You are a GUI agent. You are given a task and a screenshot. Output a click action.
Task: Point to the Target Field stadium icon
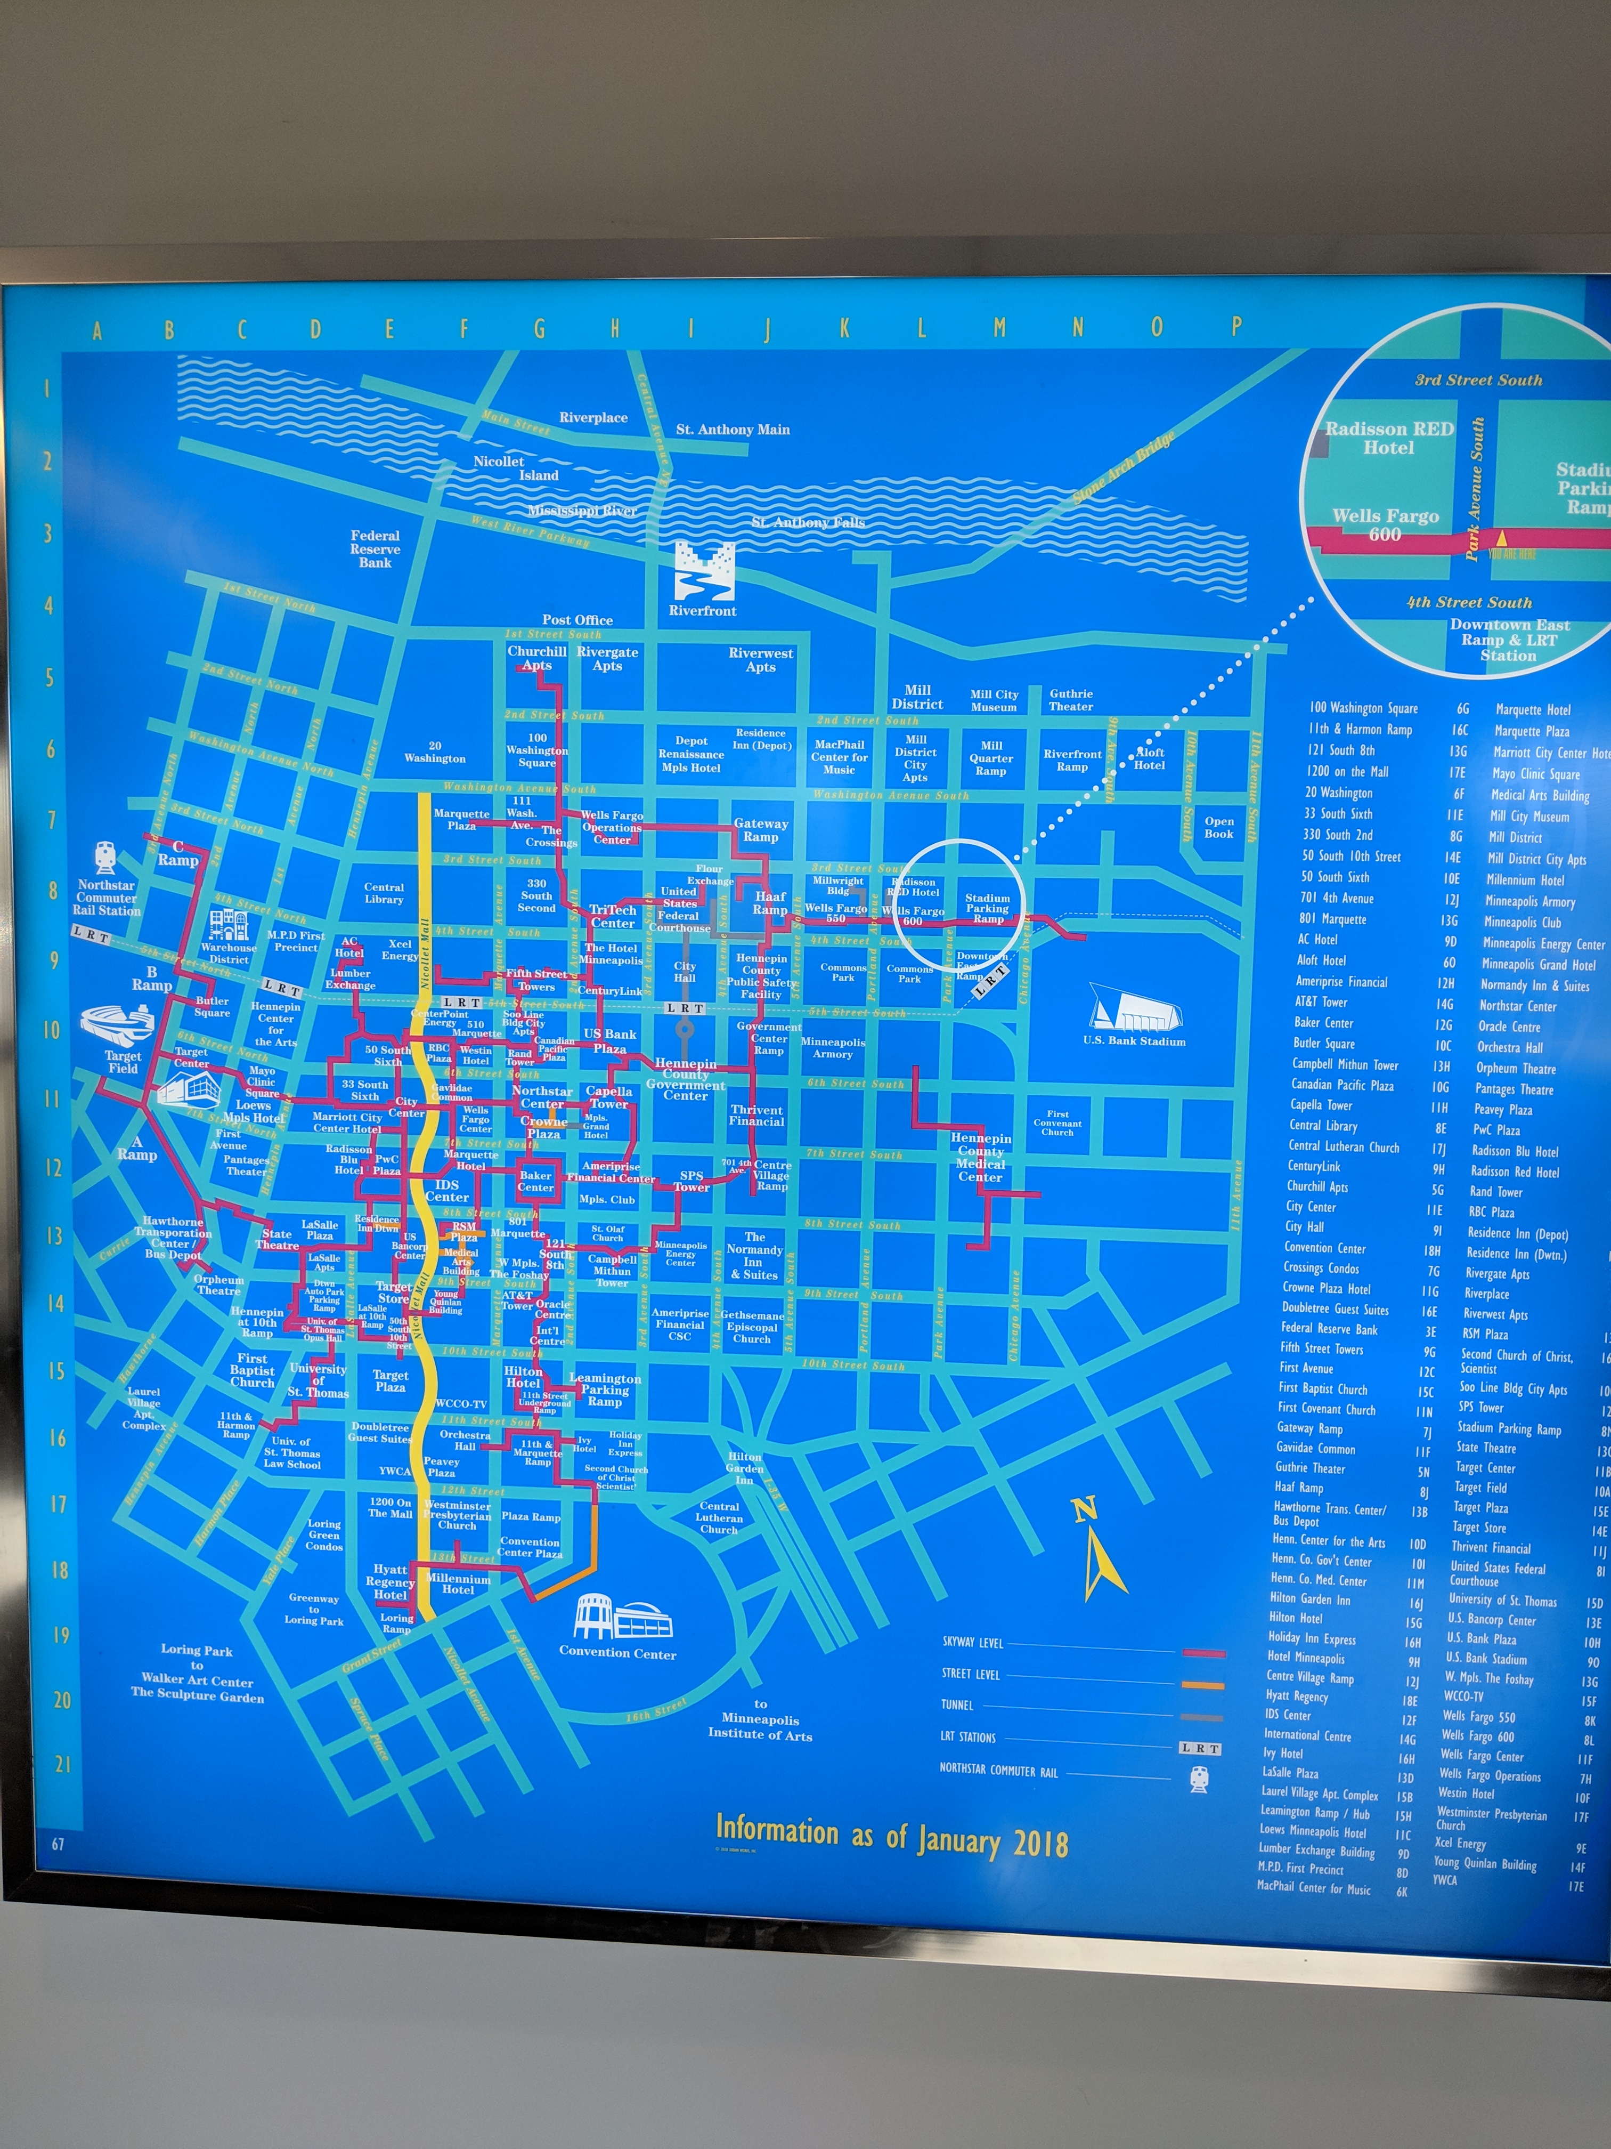118,1025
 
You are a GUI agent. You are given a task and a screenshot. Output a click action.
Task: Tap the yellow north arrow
1103,1554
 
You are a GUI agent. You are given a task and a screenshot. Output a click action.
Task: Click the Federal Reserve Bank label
375,549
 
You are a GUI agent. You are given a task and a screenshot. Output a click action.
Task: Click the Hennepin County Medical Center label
981,1157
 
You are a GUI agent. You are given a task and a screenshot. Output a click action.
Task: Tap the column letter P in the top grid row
1235,326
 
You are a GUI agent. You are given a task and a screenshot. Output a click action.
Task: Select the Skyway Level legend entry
973,1642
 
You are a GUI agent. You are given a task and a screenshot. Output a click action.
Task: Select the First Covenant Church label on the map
1057,1123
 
